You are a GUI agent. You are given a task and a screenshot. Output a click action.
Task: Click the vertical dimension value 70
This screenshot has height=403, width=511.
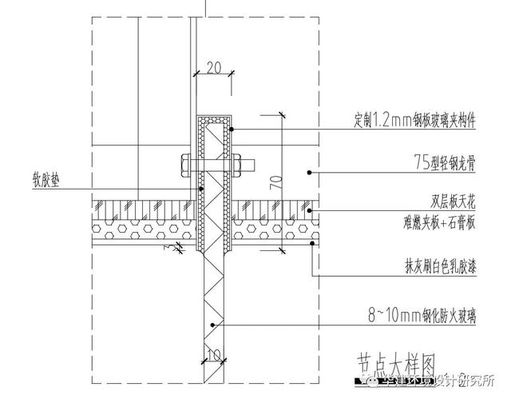pyautogui.click(x=275, y=182)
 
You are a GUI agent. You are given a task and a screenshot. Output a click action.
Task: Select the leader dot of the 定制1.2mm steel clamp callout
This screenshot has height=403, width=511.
pyautogui.click(x=231, y=129)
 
